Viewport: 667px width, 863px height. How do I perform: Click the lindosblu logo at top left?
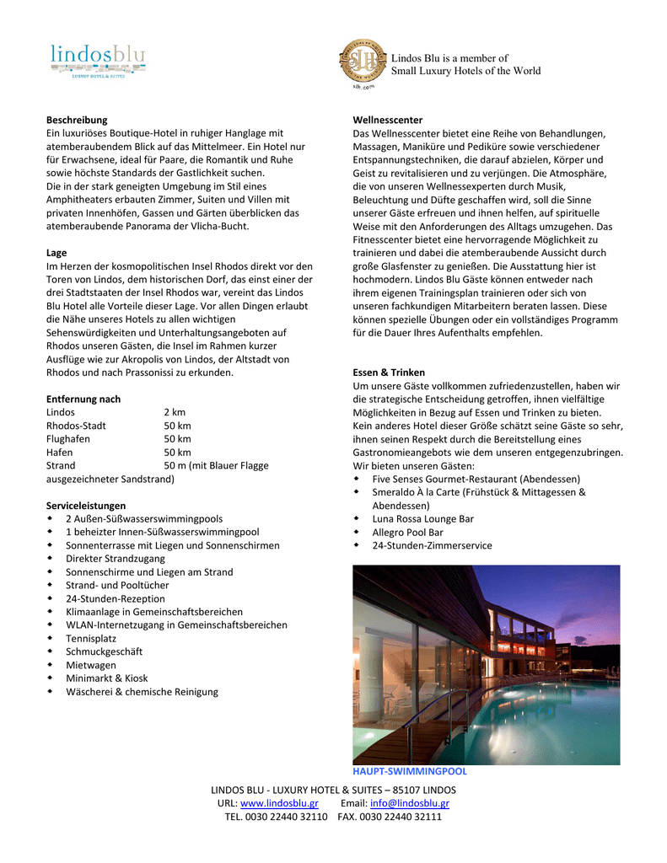coord(98,61)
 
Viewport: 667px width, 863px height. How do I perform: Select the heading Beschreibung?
coord(77,120)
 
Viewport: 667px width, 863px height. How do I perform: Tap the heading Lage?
coord(56,253)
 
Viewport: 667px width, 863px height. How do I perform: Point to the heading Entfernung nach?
coord(83,399)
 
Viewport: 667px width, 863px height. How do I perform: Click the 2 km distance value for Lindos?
coord(175,412)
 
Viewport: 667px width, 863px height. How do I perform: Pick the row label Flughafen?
coord(67,439)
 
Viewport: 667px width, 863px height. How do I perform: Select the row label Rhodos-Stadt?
coord(76,426)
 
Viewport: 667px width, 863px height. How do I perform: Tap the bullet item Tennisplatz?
coord(91,638)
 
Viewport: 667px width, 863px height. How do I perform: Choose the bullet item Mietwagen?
coord(90,665)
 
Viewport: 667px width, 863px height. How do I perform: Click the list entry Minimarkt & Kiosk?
coord(107,678)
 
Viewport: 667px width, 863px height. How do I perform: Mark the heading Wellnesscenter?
coord(388,120)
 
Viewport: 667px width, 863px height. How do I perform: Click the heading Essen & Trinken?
coord(389,372)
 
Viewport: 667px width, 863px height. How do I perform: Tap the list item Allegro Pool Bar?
coord(408,533)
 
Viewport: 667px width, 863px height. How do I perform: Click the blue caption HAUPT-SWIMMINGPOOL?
coord(410,771)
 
